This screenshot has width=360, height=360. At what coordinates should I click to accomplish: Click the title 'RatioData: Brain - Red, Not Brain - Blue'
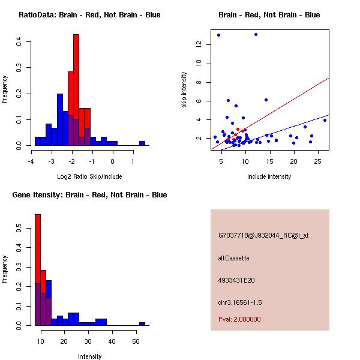tap(89, 15)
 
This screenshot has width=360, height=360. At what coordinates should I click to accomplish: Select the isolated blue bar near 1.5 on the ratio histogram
tap(142, 143)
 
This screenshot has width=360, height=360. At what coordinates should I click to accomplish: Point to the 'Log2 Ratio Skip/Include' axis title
tap(89, 176)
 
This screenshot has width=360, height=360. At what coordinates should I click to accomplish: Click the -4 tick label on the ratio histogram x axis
tap(31, 161)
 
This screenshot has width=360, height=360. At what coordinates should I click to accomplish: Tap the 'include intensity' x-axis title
tap(269, 176)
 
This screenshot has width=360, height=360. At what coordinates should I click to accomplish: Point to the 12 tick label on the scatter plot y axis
tap(198, 44)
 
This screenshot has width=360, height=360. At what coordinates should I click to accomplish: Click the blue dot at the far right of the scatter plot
tap(325, 120)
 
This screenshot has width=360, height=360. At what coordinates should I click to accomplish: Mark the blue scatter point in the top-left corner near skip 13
tap(218, 35)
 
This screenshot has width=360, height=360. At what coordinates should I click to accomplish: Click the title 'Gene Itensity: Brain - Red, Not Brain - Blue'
tap(89, 195)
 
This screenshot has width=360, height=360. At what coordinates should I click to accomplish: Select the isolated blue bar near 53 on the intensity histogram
tap(142, 323)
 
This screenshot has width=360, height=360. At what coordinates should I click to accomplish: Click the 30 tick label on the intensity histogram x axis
tap(88, 341)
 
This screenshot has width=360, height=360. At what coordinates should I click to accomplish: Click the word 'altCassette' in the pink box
tap(233, 258)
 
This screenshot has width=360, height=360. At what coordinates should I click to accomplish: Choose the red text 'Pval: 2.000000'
tap(239, 319)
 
